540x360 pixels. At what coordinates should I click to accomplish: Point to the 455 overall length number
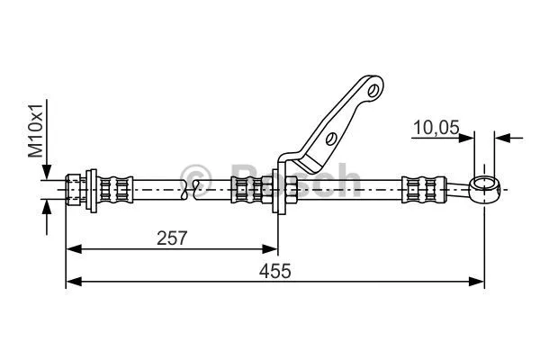pyautogui.click(x=274, y=271)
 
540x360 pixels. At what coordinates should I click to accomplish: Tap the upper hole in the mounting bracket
pyautogui.click(x=371, y=89)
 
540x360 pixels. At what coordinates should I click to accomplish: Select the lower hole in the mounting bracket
pyautogui.click(x=330, y=139)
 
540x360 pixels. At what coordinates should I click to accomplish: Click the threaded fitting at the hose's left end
pyautogui.click(x=78, y=189)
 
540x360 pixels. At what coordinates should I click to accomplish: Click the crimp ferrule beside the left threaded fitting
pyautogui.click(x=114, y=189)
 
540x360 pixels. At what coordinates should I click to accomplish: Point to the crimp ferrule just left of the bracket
pyautogui.click(x=246, y=189)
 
